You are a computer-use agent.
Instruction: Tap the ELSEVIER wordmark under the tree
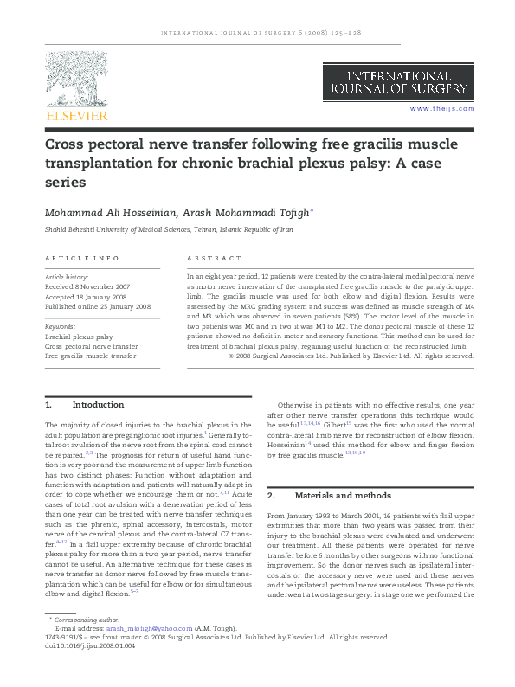pyautogui.click(x=77, y=115)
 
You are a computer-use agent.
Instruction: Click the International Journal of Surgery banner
pyautogui.click(x=399, y=84)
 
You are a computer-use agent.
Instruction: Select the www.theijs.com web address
pyautogui.click(x=442, y=108)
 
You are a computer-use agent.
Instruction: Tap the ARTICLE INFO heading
pyautogui.click(x=81, y=259)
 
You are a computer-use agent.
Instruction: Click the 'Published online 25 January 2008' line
pyautogui.click(x=98, y=306)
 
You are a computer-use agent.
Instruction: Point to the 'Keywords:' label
pyautogui.click(x=60, y=326)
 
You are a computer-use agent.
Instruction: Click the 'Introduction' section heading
pyautogui.click(x=98, y=405)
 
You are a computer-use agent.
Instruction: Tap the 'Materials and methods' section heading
pyautogui.click(x=340, y=496)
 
